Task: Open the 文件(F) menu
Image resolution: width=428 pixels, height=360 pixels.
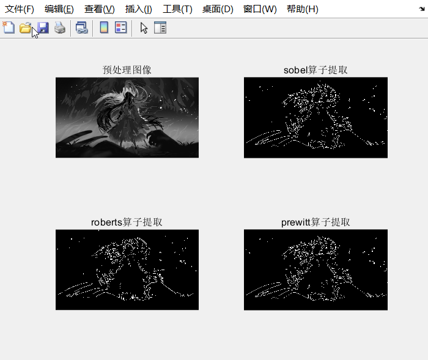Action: click(20, 9)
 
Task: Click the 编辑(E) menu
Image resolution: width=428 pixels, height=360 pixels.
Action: click(59, 9)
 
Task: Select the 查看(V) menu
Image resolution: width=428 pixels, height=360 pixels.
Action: click(100, 9)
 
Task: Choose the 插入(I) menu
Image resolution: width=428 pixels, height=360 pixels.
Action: click(139, 9)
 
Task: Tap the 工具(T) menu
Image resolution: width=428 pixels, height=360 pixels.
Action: click(177, 9)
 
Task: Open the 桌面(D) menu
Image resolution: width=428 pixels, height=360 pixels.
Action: click(218, 9)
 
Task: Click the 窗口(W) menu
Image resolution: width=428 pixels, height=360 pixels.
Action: click(260, 9)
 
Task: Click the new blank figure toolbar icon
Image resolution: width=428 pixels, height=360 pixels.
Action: click(9, 28)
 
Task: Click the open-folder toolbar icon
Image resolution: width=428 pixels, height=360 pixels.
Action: click(25, 28)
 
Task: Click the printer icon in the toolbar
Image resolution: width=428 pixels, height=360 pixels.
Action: click(59, 28)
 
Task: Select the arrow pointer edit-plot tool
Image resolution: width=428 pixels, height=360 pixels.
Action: click(144, 28)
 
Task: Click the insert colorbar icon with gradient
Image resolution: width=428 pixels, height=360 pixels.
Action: click(104, 28)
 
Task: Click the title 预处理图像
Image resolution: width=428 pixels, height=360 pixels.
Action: click(127, 70)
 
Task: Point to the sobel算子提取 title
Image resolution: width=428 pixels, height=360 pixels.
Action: click(315, 70)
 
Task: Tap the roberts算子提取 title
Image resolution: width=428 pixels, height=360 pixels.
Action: click(127, 222)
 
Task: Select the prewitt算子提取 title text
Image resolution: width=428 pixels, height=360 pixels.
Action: click(315, 222)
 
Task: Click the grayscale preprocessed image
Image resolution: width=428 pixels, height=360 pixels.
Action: click(127, 117)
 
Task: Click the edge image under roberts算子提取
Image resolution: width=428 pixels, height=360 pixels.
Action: click(127, 270)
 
